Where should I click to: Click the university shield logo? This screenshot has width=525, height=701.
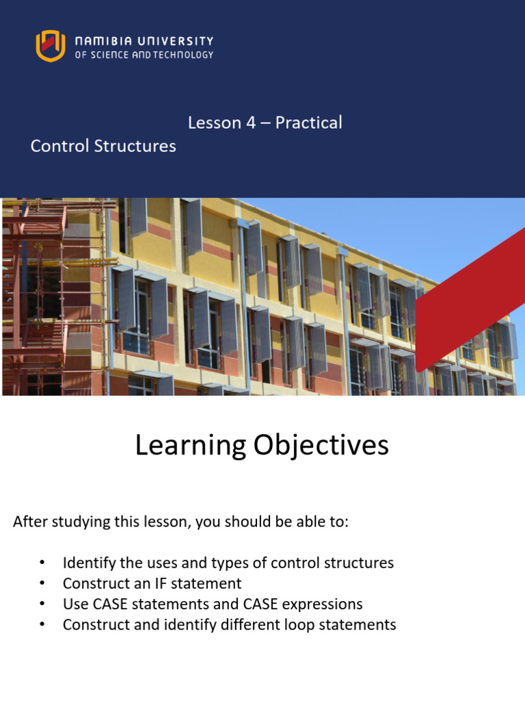pos(51,46)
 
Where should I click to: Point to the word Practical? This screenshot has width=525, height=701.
pos(308,123)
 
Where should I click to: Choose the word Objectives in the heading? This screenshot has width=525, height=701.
pos(321,445)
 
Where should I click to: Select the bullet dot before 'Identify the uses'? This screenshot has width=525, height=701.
pos(42,563)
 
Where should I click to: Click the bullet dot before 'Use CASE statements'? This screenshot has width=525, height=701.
pos(42,604)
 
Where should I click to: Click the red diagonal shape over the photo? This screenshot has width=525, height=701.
pos(472,294)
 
